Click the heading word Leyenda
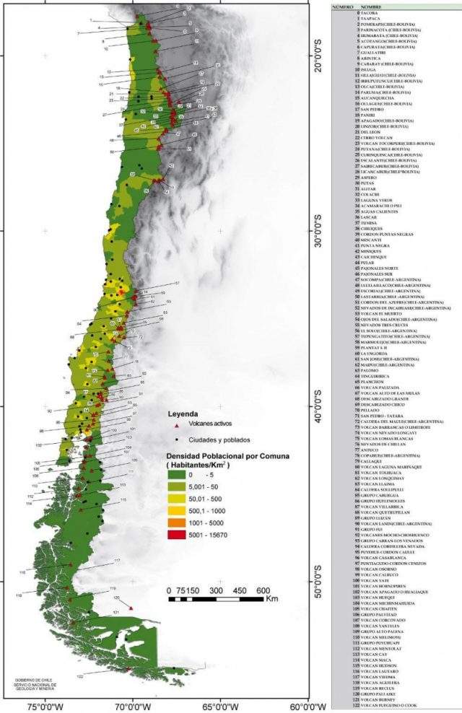pyautogui.click(x=183, y=415)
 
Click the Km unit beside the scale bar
pyautogui.click(x=271, y=599)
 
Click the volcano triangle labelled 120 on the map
pyautogui.click(x=131, y=608)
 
